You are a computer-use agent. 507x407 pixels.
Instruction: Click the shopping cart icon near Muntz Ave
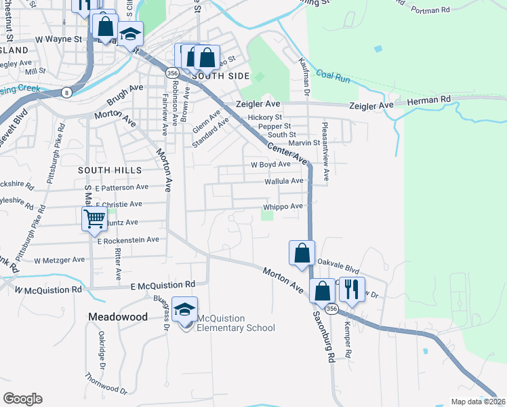point(94,219)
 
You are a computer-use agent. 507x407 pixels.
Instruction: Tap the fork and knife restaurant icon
point(350,289)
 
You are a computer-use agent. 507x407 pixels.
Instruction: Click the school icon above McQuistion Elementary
point(184,309)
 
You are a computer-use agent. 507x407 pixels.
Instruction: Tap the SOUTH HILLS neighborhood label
point(110,170)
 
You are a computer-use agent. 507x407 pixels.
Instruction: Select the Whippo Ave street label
point(283,207)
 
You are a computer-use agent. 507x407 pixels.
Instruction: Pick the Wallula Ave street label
point(284,181)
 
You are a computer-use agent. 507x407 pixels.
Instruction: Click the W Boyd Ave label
point(270,164)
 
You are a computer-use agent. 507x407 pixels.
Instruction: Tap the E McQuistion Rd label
point(163,284)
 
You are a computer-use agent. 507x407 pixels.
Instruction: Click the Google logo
point(22,399)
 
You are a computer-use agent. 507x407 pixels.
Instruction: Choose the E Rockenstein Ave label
point(128,240)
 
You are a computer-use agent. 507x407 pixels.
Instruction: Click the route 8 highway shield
point(66,92)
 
